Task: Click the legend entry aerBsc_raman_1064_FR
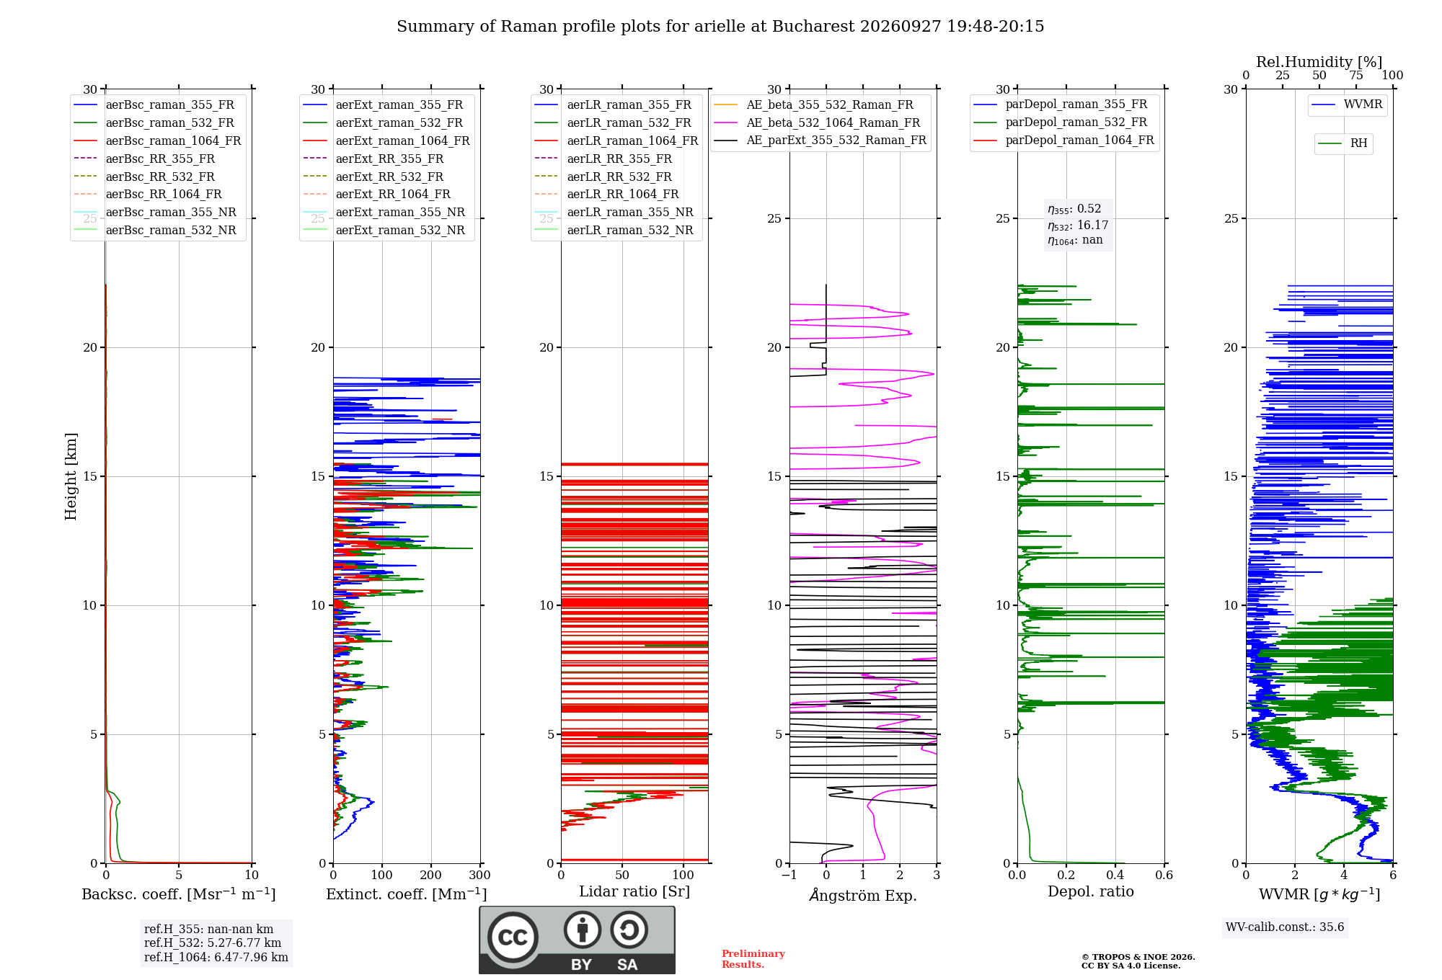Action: point(157,141)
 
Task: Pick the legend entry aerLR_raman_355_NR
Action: point(614,212)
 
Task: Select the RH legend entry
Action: point(1343,143)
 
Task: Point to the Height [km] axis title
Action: point(71,476)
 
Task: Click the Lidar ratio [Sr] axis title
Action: point(634,891)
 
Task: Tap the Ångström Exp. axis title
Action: point(863,895)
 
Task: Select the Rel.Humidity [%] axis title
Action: point(1319,62)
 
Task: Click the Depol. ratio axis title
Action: point(1091,891)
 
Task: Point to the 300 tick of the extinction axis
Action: point(480,875)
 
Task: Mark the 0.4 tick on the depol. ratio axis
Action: point(1115,875)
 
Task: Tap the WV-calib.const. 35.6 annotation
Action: point(1285,927)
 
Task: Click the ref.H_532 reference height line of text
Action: point(213,943)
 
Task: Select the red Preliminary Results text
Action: point(753,959)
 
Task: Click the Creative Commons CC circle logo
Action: point(513,937)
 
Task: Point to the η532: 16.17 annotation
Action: point(1078,226)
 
